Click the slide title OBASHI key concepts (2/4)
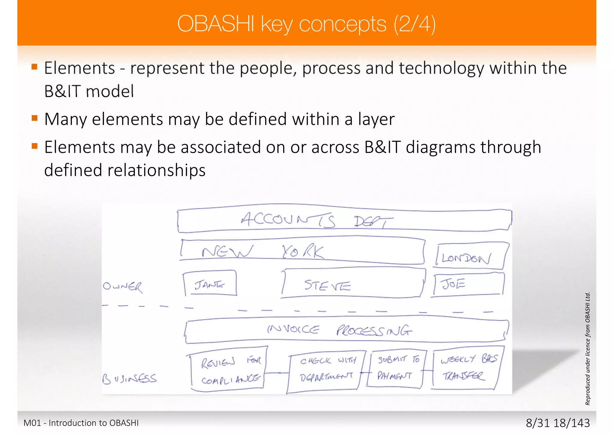pos(306,24)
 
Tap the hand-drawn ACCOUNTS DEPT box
pos(344,221)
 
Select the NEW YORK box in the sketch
pos(302,251)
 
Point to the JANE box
pos(210,284)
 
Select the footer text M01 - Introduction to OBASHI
pos(81,423)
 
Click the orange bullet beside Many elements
pos(34,118)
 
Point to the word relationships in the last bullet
pos(156,170)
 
